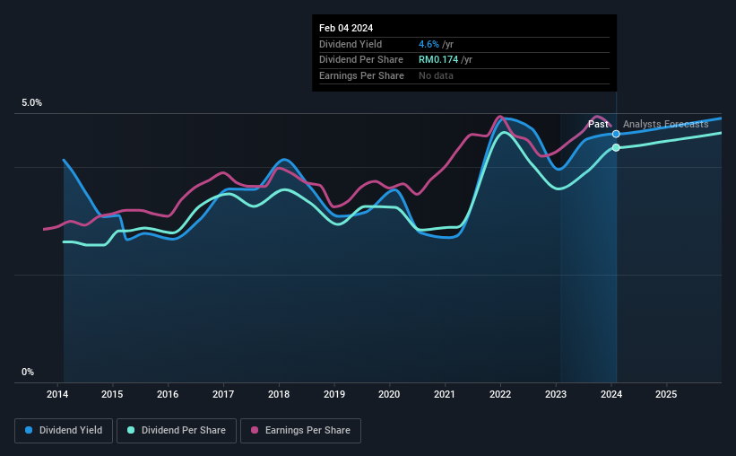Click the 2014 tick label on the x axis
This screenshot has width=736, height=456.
57,394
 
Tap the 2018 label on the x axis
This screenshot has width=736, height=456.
279,394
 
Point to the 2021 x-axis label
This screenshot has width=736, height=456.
445,394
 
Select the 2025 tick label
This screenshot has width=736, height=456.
666,394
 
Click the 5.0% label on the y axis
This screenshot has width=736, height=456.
32,103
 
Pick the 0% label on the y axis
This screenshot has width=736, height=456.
28,372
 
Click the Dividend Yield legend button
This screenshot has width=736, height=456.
64,431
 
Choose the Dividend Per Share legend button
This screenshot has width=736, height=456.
177,431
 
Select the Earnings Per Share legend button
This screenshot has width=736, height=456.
301,431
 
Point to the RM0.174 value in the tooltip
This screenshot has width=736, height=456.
438,60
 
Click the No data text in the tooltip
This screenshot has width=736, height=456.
436,75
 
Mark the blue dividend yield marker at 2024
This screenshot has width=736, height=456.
616,134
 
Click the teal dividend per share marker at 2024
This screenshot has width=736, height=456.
616,147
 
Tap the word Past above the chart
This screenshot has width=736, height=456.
598,124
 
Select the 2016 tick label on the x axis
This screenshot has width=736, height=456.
168,394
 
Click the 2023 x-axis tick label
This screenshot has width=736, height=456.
556,394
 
